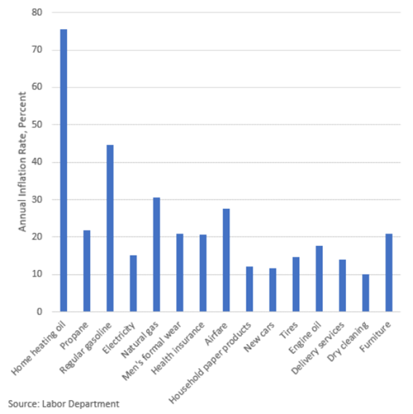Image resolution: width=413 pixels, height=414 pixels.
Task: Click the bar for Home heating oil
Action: point(63,170)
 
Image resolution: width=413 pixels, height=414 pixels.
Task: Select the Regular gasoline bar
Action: point(110,228)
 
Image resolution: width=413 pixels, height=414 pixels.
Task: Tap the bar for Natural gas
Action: point(156,255)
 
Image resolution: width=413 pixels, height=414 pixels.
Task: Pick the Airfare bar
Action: point(226,260)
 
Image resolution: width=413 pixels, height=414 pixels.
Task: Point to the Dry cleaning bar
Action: point(366,293)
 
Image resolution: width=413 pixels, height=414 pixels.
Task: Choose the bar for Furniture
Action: point(389,273)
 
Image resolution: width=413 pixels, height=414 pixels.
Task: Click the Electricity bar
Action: point(133,284)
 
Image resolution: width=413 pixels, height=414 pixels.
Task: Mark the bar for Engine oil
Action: point(319,279)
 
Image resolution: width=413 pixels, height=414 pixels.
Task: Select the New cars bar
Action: point(273,290)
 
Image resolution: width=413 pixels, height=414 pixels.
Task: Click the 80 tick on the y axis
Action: point(36,12)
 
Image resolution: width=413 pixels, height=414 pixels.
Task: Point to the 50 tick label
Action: point(36,124)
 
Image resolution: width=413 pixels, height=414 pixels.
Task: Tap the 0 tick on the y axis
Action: point(39,312)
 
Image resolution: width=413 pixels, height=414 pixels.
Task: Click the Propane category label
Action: point(74,335)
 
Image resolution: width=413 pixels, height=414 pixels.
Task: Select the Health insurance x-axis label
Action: point(178,348)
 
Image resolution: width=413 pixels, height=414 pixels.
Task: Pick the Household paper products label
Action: point(210,363)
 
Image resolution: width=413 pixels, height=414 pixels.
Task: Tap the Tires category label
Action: point(289,330)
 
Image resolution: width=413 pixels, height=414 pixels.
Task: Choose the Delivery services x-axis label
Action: point(318,348)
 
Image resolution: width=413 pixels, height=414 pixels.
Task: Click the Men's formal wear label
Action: point(152,351)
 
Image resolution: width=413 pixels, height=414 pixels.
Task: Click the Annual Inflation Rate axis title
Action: point(23,162)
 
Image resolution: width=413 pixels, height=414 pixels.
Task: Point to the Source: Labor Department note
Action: point(63,404)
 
